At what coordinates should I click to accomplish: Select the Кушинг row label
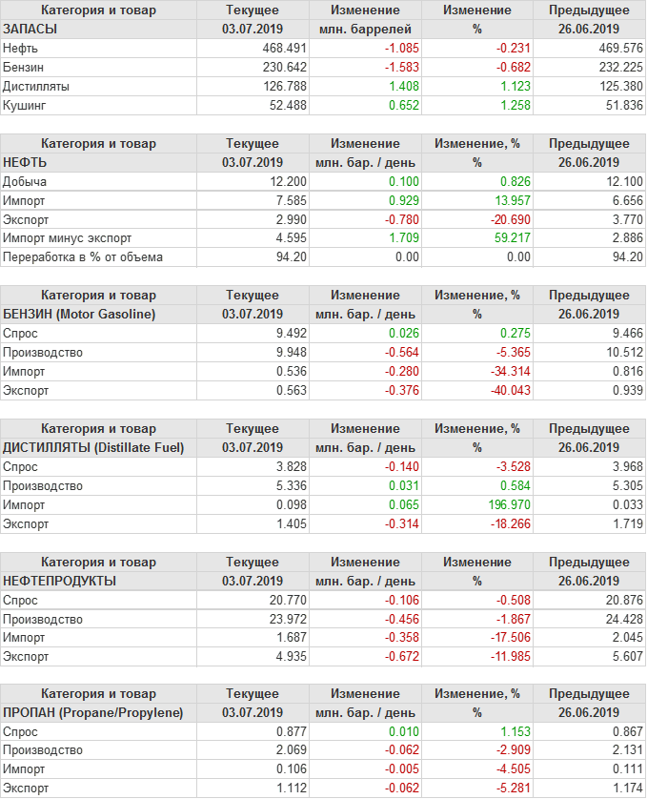pos(25,105)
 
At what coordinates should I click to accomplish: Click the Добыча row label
pos(25,181)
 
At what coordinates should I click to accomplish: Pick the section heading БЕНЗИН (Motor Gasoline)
pos(79,314)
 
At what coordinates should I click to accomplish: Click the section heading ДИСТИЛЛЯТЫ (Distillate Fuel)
pos(93,447)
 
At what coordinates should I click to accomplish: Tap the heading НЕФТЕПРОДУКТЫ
pos(60,581)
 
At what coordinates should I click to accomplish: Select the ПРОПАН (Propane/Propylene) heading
pos(92,712)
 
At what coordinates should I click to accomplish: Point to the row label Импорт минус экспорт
pos(68,238)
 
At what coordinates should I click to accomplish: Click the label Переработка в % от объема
pos(83,257)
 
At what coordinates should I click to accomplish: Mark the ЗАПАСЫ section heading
pos(30,29)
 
